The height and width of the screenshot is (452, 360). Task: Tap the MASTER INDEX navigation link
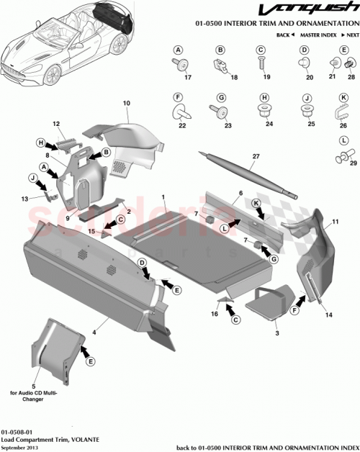[322, 35]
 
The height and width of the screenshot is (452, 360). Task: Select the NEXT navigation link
[351, 35]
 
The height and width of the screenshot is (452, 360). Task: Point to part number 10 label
[126, 104]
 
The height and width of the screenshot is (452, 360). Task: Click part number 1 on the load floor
[163, 196]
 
